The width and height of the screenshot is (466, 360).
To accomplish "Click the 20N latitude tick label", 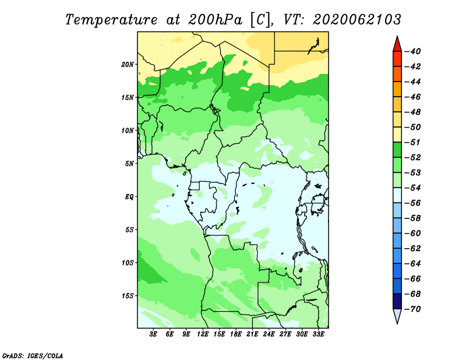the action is pos(128,65).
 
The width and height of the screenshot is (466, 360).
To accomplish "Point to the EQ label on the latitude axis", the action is pos(129,197).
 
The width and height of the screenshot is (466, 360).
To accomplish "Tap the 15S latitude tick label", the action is pos(128,296).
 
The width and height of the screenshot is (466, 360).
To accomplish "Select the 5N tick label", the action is pos(129,164).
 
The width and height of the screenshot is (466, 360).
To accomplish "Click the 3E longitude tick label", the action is pos(153,334).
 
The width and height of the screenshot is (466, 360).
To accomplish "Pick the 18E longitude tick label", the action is pos(236,334).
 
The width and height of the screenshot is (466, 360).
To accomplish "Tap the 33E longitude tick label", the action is pos(318,334).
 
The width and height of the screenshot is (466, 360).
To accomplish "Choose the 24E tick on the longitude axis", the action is pos(269,334).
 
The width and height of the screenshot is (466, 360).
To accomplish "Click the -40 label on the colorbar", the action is pos(413,51).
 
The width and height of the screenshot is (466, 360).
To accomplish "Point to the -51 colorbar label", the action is pos(413,142).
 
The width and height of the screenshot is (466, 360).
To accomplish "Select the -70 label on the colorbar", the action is pos(413,309).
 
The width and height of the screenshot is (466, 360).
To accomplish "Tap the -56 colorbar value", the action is pos(413,203).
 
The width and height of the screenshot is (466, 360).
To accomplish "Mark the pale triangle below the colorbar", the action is pos(397,315).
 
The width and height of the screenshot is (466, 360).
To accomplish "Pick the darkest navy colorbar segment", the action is pos(397,301).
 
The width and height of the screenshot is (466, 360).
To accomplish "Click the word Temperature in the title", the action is pos(111,20).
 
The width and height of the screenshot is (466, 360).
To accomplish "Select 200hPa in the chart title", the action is pos(215,20).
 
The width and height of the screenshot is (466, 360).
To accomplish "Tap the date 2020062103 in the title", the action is pos(357,20).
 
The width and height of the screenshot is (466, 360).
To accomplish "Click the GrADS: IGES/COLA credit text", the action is pos(33,356).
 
